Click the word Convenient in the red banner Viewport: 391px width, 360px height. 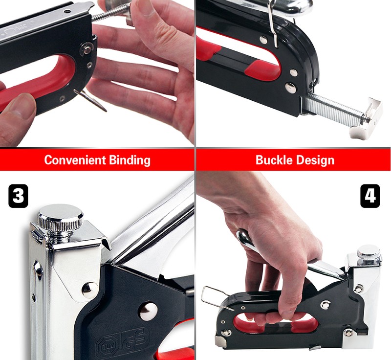pos(75,160)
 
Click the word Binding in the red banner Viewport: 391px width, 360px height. pos(130,160)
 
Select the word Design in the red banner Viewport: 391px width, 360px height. pos(315,160)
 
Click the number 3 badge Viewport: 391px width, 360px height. pos(18,196)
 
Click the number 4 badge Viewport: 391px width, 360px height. pos(370,196)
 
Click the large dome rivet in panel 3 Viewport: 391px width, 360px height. pos(149,311)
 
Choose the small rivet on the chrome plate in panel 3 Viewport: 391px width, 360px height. pos(90,290)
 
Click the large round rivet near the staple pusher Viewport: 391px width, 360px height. pos(290,88)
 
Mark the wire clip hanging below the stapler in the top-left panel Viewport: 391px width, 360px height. pos(90,100)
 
